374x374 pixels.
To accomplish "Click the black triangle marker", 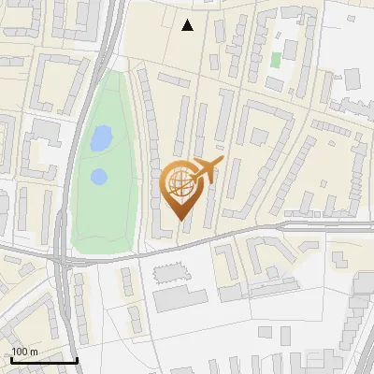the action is tap(188, 25).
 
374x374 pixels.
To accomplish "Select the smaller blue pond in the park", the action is tap(98, 176).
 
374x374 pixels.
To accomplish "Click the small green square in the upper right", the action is tap(276, 60).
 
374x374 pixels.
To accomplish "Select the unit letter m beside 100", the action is tap(34, 351).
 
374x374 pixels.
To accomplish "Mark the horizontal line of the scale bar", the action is tap(43, 360).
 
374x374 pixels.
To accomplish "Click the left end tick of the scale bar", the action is tap(10, 358).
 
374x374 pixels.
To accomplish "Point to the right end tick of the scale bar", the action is tap(77, 358).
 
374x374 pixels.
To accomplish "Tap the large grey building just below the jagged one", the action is tap(180, 299).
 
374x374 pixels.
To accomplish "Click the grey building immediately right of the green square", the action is tap(290, 50).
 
